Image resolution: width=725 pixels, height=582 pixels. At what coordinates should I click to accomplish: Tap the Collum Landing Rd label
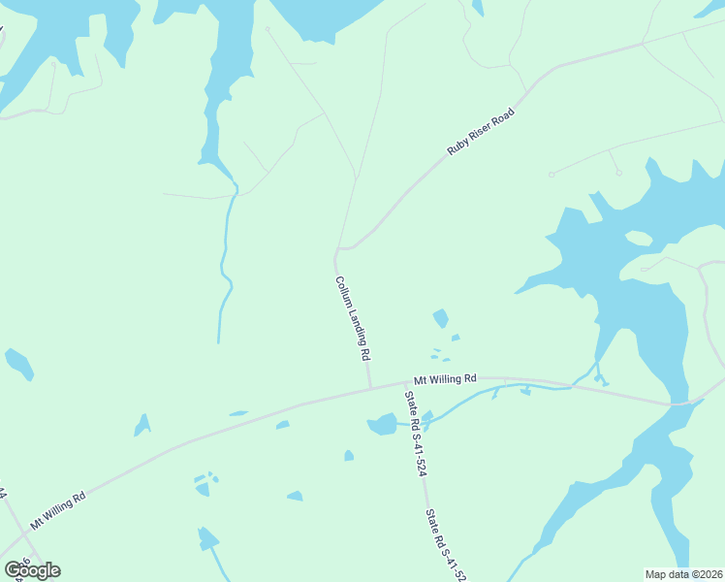click(x=353, y=317)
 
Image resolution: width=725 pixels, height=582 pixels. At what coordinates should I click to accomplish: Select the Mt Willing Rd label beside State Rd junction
click(x=446, y=377)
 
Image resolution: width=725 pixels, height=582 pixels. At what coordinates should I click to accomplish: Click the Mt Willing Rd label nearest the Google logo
click(x=58, y=509)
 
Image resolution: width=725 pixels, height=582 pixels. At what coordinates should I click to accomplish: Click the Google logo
click(x=32, y=570)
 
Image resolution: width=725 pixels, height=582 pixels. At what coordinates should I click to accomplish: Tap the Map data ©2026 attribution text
click(x=684, y=574)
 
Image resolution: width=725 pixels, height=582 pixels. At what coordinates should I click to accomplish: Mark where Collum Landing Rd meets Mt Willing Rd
click(x=370, y=389)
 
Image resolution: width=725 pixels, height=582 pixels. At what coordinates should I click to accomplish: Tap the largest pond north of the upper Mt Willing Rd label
click(x=441, y=317)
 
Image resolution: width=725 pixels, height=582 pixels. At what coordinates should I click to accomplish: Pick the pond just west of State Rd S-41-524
click(x=383, y=424)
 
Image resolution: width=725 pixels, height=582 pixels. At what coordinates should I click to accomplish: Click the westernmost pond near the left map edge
click(x=18, y=364)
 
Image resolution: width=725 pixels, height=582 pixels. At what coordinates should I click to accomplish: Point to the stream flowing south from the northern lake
click(x=225, y=262)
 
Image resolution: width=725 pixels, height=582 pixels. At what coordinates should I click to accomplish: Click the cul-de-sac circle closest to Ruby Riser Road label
click(x=552, y=175)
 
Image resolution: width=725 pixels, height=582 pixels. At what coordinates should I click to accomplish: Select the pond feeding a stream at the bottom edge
click(x=207, y=537)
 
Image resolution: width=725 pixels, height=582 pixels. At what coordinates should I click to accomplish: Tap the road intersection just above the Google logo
click(x=23, y=534)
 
